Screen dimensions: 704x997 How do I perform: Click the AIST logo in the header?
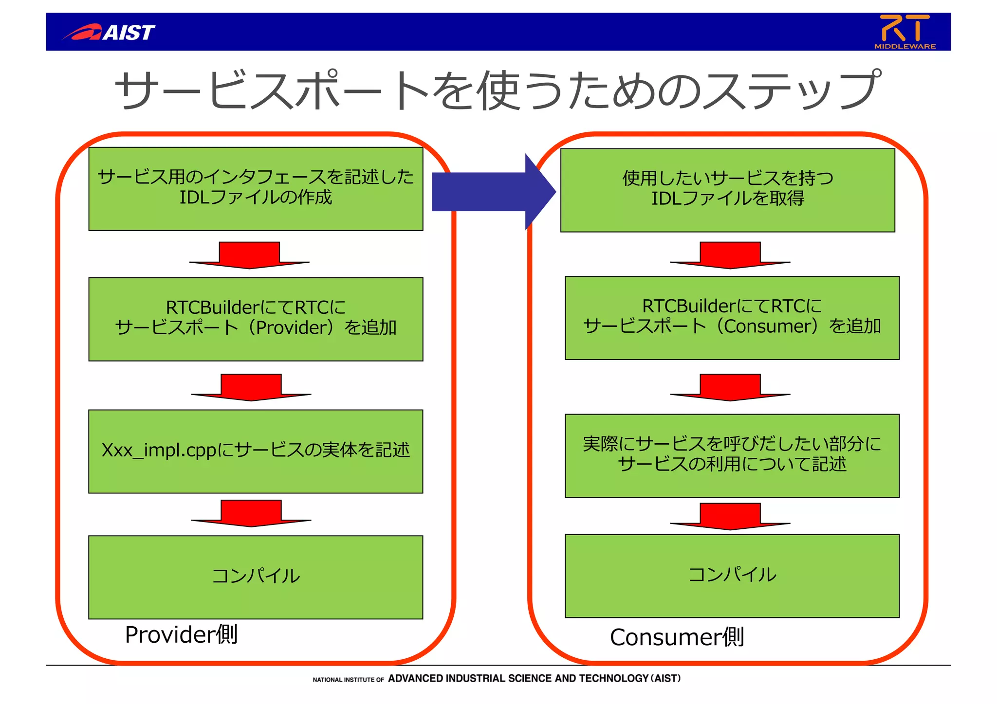(x=109, y=32)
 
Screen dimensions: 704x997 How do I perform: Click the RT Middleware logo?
(x=905, y=32)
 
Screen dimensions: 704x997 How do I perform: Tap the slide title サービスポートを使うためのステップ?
(x=497, y=90)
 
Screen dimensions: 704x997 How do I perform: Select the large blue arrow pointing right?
(x=492, y=191)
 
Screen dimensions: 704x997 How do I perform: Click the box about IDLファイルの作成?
(x=256, y=189)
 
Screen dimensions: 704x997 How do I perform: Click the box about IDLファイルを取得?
(x=727, y=190)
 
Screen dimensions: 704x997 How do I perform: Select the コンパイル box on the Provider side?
(x=256, y=577)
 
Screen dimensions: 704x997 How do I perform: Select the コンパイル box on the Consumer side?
(x=732, y=575)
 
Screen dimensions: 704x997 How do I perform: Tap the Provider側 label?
(x=181, y=634)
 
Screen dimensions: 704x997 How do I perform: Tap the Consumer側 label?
(x=677, y=637)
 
